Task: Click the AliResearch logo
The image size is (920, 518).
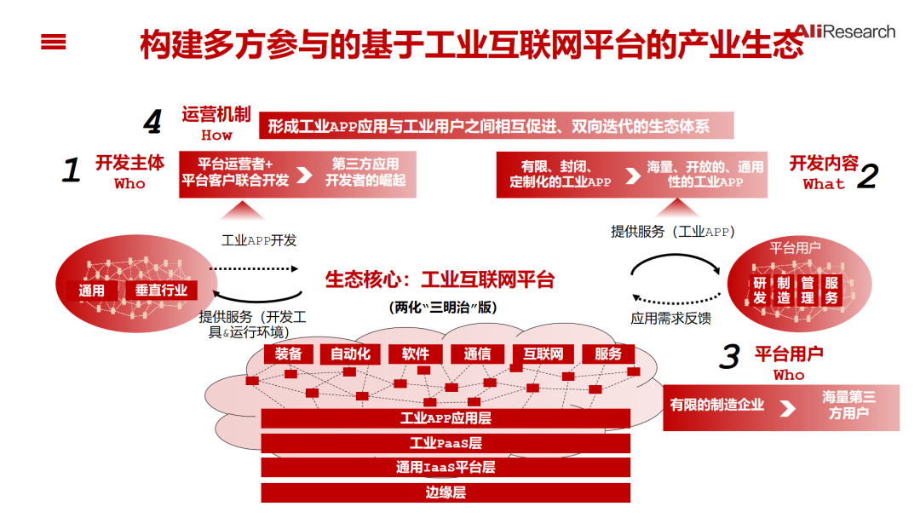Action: pos(844,32)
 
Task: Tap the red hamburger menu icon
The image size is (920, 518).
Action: pos(53,42)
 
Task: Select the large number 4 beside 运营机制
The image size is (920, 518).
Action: pos(152,124)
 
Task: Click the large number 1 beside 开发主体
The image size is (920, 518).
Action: pos(72,170)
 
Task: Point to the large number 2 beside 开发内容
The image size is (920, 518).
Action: pos(867,176)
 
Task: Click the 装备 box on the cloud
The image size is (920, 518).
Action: pos(289,354)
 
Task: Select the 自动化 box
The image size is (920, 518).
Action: pos(351,354)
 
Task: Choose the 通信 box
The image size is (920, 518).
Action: pos(477,354)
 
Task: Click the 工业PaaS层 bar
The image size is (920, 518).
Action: pos(446,443)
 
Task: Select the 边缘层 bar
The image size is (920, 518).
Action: pos(446,492)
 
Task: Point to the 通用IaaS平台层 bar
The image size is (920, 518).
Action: pos(446,467)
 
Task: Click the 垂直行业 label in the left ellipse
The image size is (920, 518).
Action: pos(161,291)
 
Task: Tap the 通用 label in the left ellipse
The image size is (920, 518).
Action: pos(92,291)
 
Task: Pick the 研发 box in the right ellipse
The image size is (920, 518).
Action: pos(760,291)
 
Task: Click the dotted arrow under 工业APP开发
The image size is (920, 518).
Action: pos(255,268)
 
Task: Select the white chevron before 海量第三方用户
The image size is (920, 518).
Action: pos(788,408)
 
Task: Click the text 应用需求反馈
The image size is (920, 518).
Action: pos(670,319)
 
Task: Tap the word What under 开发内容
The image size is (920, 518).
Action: pos(824,184)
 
